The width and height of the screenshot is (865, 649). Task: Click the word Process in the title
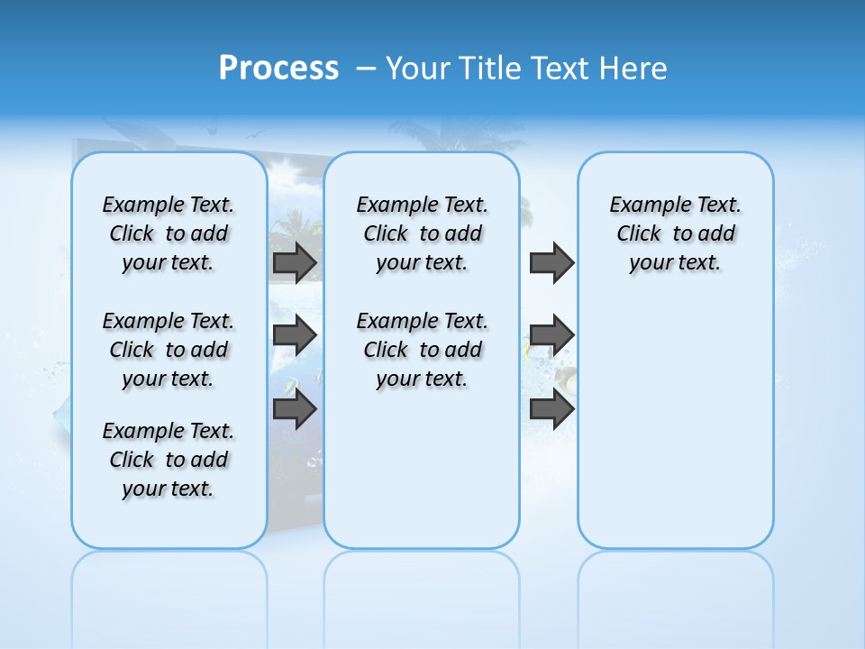click(278, 68)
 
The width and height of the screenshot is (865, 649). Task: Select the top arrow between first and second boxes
click(294, 262)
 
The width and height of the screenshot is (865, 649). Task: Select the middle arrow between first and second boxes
click(294, 335)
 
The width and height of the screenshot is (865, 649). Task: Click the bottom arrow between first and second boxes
click(294, 409)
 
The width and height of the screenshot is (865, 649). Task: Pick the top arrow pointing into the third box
click(551, 262)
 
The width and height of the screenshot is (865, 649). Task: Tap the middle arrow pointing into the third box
click(551, 335)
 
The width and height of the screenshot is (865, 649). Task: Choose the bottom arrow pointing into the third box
click(551, 409)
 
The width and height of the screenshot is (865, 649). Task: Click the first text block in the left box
click(168, 233)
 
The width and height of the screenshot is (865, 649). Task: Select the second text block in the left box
click(168, 350)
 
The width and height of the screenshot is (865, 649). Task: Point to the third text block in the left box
click(168, 460)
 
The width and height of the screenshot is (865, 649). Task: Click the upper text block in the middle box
click(422, 233)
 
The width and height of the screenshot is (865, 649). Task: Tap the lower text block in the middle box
click(422, 350)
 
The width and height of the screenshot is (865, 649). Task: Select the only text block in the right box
click(675, 233)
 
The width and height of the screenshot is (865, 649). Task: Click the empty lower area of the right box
click(675, 433)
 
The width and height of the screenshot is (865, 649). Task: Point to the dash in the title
click(367, 69)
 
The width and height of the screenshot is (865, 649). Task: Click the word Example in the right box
click(642, 206)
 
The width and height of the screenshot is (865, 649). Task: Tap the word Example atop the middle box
click(389, 206)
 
